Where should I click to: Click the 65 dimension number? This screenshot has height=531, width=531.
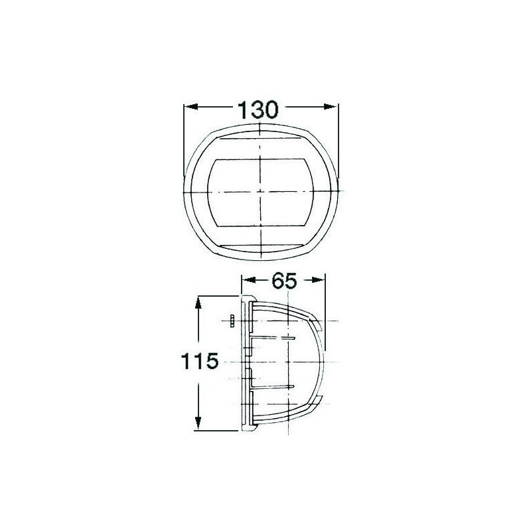pos(283,281)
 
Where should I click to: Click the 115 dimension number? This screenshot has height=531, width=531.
pos(198,362)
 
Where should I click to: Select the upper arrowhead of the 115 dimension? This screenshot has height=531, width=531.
pos(198,302)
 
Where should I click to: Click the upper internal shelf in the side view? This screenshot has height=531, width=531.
pos(272,338)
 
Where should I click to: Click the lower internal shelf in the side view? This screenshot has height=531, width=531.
pos(272,386)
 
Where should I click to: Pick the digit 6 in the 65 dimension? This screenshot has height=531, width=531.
pos(275,281)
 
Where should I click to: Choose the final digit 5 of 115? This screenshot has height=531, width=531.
pos(211,362)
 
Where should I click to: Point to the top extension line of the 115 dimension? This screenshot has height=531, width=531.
pos(219,297)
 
